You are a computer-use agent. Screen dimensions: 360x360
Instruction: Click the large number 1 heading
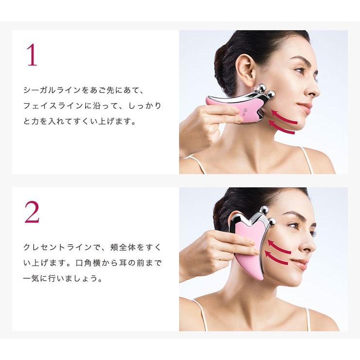[x=32, y=55]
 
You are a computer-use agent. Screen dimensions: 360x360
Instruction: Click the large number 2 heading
[x=32, y=212]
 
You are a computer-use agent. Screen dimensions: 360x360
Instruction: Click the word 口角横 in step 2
[x=88, y=263]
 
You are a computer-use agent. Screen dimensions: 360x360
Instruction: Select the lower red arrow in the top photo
[x=282, y=127]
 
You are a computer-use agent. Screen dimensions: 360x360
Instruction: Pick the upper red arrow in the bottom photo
[x=278, y=247]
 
